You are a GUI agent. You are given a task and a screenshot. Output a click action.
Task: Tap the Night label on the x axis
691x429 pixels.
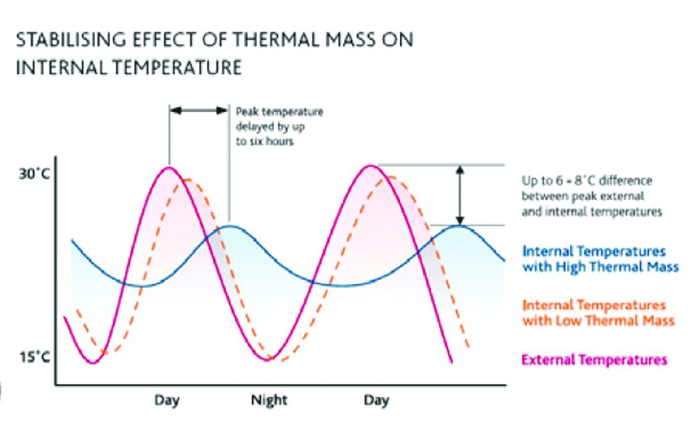point(269,401)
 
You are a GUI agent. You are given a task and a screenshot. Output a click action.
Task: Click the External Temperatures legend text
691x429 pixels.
point(594,360)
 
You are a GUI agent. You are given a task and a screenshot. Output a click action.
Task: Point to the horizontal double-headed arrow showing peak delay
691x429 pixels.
point(199,110)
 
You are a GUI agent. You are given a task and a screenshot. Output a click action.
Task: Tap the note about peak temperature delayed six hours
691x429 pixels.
point(279,126)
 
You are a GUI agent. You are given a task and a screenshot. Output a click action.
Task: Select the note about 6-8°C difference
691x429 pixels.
point(592,196)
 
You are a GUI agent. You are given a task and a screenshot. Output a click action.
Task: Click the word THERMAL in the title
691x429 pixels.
point(265,40)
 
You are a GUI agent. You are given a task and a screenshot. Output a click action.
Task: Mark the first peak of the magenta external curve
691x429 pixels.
point(169,167)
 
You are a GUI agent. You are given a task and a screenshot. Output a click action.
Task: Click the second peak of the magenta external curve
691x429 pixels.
point(370,166)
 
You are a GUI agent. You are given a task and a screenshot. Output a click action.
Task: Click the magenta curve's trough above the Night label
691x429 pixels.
point(269,360)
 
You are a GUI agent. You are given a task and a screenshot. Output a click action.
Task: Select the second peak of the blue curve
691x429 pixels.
point(459,226)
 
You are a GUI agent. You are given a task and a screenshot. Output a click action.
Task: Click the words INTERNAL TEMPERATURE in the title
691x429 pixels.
point(128,67)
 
